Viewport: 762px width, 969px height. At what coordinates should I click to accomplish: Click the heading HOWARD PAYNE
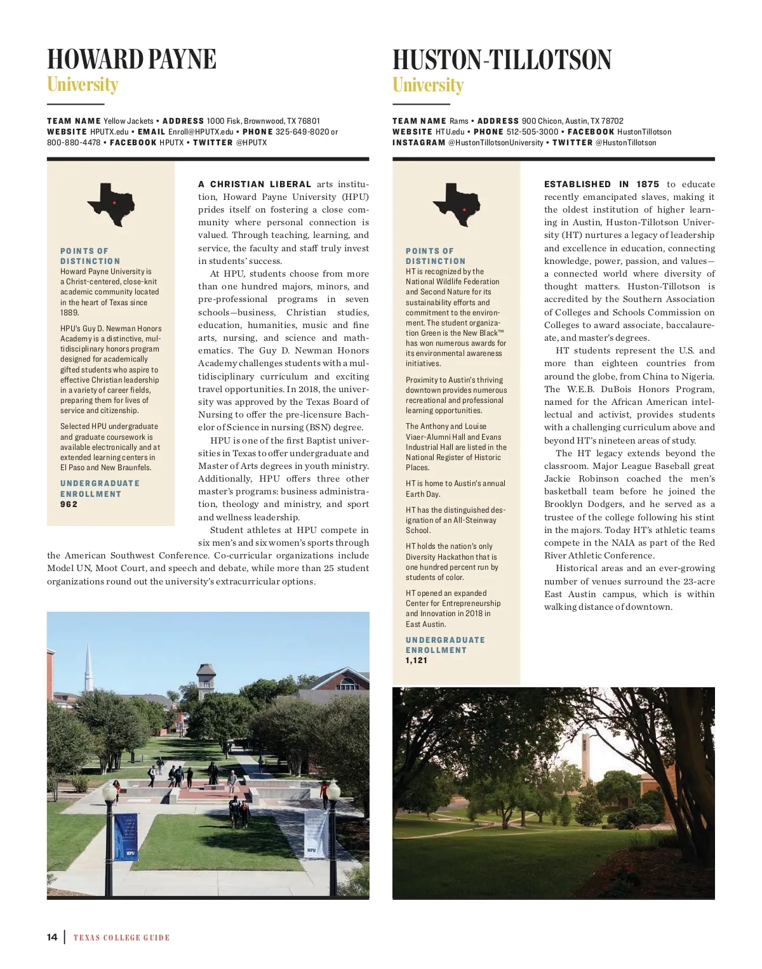(x=131, y=59)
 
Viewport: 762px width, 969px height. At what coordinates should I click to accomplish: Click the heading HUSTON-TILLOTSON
(x=502, y=60)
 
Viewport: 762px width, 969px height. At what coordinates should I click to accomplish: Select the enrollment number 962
(x=69, y=504)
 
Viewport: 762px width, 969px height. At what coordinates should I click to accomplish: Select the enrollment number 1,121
(x=417, y=661)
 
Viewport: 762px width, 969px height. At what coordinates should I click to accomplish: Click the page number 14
(x=52, y=937)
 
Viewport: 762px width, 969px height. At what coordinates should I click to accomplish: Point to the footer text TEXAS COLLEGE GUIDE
(x=121, y=938)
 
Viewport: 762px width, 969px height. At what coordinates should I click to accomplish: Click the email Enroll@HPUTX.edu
(x=201, y=132)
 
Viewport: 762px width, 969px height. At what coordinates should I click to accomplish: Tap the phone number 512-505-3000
(x=532, y=132)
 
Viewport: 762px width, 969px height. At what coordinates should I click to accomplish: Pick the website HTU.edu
(x=450, y=132)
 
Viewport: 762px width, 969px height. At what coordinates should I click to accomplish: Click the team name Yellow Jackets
(x=128, y=121)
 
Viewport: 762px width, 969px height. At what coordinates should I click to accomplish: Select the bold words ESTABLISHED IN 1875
(x=601, y=185)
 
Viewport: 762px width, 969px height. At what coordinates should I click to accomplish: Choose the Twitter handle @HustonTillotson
(x=625, y=143)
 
